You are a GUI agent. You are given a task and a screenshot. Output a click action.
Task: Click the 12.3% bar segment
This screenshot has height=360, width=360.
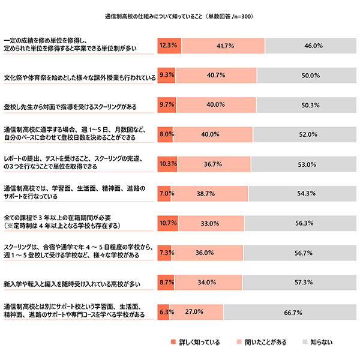coord(169,45)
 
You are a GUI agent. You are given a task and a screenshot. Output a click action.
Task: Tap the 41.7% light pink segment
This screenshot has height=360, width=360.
coord(223,45)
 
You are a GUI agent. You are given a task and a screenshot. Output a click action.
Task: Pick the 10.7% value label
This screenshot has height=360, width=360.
coord(167,223)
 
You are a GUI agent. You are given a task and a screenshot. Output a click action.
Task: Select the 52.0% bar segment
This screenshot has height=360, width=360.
coord(305,134)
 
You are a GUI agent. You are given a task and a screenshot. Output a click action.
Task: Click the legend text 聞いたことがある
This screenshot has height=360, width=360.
coord(266,343)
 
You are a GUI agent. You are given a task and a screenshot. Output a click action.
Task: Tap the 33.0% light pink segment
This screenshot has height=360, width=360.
coord(209,223)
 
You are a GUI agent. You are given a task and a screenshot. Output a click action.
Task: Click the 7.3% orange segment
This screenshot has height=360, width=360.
coord(164,253)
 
